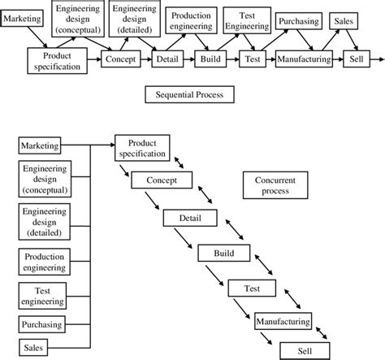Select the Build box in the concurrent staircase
(x=223, y=254)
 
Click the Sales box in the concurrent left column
(x=32, y=348)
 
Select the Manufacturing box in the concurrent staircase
(x=283, y=323)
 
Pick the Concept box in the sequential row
(x=121, y=59)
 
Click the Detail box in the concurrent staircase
(x=190, y=218)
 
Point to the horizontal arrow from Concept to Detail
(x=146, y=59)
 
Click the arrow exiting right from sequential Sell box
(x=378, y=59)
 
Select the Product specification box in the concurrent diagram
(x=141, y=147)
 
